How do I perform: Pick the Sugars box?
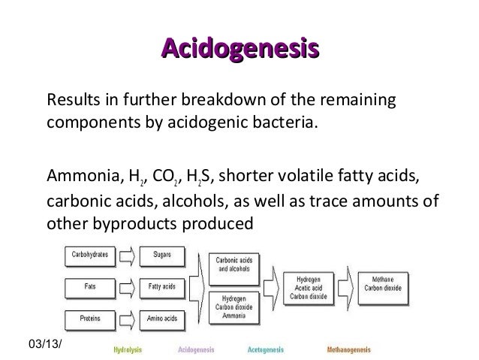[x=161, y=255]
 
